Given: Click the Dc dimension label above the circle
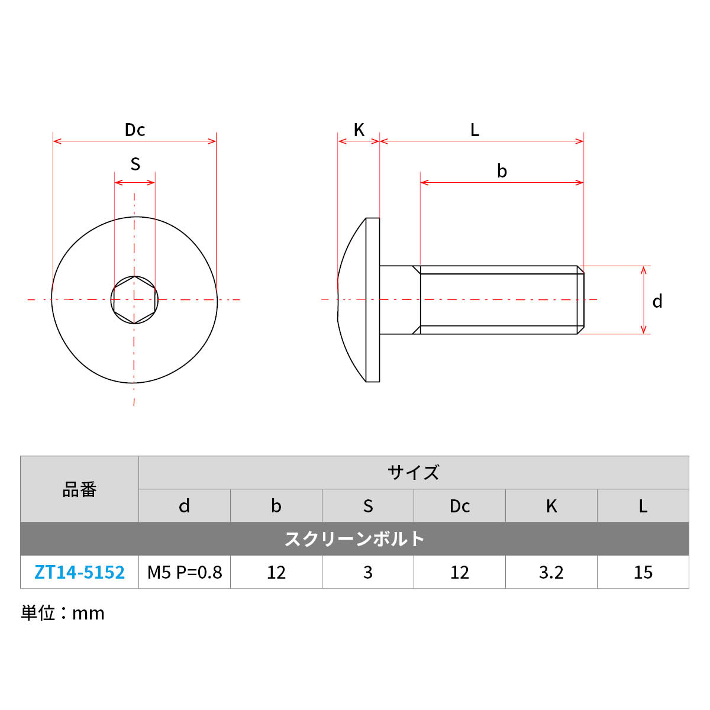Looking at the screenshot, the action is coord(135,130).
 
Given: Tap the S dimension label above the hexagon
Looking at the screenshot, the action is coord(135,164).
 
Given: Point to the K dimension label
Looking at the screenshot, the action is coord(359,130).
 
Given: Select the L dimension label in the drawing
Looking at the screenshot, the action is coord(475,130).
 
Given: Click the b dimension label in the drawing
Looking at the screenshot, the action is coord(502,171).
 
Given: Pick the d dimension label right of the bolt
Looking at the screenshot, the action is coord(657,301).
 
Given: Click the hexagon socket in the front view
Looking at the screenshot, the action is coord(134,300).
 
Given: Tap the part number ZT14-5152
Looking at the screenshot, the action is coord(80,572).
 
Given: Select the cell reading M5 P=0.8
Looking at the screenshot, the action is coord(185,572).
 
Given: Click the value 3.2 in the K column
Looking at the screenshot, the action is coord(551,572).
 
